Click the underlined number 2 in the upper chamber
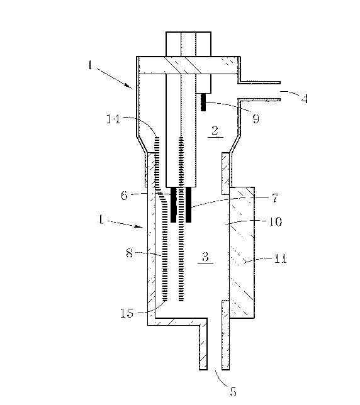tap(215, 130)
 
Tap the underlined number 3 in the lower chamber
tap(205, 257)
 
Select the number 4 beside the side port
tap(305, 98)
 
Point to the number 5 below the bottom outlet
tap(233, 392)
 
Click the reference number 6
tap(124, 196)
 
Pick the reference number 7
tap(276, 198)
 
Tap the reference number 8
tap(129, 253)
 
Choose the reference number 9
tap(256, 119)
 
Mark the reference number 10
tap(276, 221)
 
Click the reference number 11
tap(281, 258)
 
